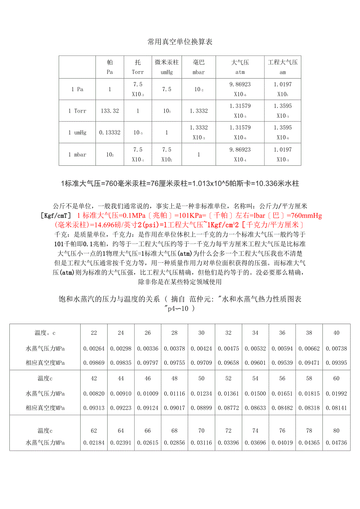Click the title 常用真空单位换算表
click(x=180, y=42)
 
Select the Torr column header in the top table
click(x=138, y=67)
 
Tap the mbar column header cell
click(x=199, y=67)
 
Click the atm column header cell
click(x=240, y=67)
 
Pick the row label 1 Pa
click(x=77, y=89)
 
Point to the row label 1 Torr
click(x=77, y=111)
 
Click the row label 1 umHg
click(x=77, y=133)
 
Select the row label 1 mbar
click(x=77, y=154)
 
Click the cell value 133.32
click(x=110, y=111)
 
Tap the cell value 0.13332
click(x=110, y=133)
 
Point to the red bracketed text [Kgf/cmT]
click(x=56, y=215)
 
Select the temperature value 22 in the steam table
click(x=94, y=333)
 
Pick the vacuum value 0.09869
click(x=94, y=363)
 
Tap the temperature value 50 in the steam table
click(x=202, y=378)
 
